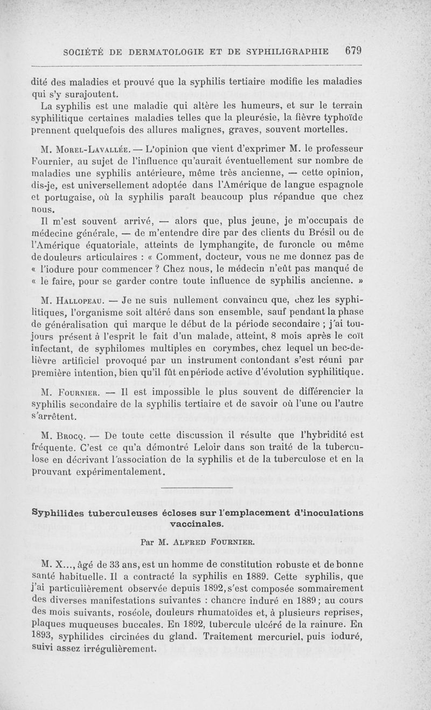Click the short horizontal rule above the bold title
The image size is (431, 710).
click(x=197, y=488)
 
